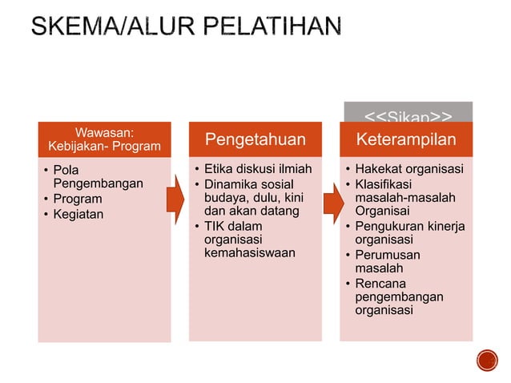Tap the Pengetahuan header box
point(255,140)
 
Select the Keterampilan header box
point(406,140)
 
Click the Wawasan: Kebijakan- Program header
point(104,139)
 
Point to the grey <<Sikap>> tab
point(408,112)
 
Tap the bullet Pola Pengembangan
point(92,177)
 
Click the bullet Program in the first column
point(78,199)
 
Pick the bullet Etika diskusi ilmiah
point(257,170)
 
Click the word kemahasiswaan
point(249,252)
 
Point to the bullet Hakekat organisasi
point(409,170)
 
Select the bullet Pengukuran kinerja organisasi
point(409,232)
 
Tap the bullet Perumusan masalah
point(388,262)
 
